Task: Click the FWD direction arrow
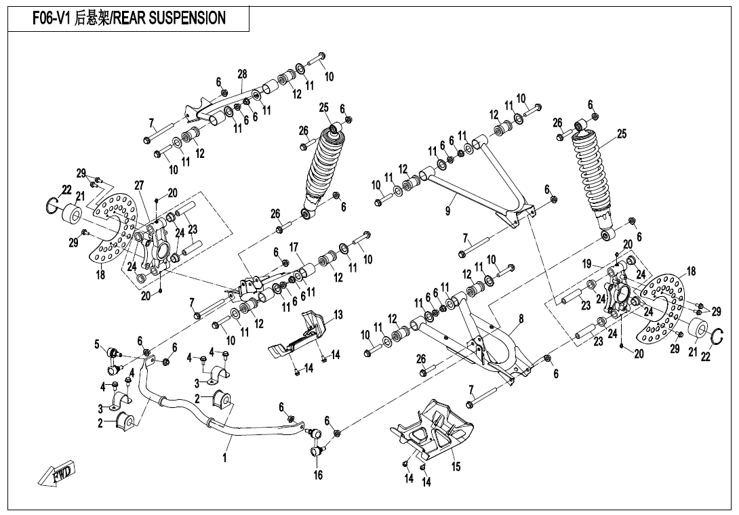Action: (x=56, y=472)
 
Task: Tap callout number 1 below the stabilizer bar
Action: (x=224, y=458)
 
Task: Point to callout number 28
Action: (x=242, y=73)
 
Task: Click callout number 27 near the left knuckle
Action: (x=140, y=186)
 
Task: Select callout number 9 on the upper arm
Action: (x=447, y=211)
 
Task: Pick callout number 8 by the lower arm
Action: (x=521, y=318)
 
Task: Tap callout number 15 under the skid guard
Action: (x=456, y=467)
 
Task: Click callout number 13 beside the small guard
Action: (x=338, y=314)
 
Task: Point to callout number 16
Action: (x=318, y=475)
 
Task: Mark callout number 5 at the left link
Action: (x=97, y=344)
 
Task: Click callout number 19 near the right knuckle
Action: (x=587, y=264)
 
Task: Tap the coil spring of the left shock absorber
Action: (x=322, y=167)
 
